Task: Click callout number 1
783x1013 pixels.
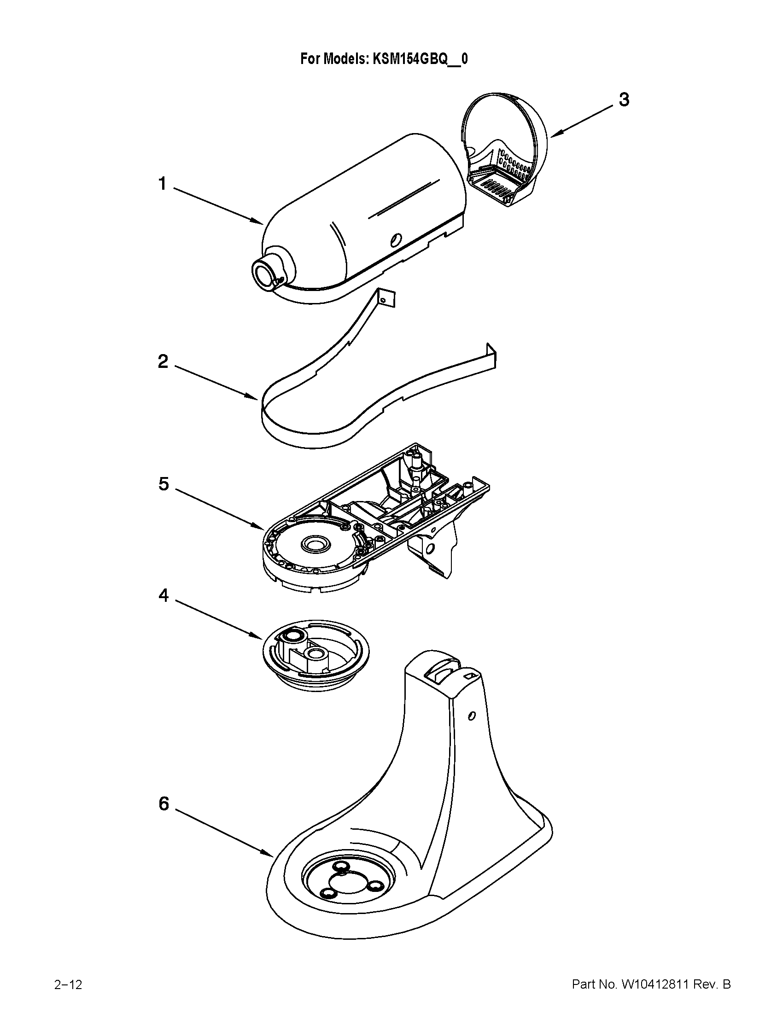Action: point(162,184)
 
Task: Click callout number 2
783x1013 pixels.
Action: point(163,361)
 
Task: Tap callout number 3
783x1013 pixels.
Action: point(624,99)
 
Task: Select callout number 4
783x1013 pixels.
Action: point(164,595)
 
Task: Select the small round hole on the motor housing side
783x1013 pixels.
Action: point(395,240)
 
